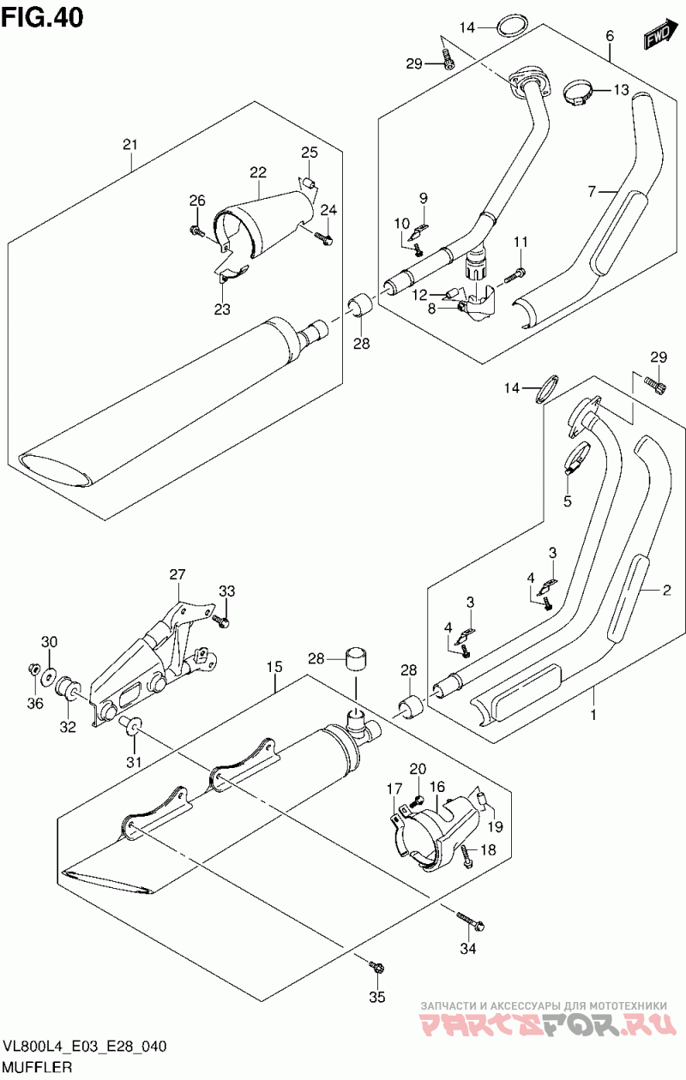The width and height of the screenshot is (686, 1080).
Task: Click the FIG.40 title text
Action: (x=43, y=17)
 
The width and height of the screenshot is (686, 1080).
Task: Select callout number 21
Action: (x=130, y=144)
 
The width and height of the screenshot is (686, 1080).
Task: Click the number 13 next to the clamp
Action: (x=622, y=90)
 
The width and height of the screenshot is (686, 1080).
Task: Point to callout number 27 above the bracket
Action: (x=178, y=574)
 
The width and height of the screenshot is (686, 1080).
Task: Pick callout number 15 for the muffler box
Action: (x=275, y=667)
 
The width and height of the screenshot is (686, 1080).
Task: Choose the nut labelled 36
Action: (x=34, y=669)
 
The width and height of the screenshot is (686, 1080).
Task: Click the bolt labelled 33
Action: (x=222, y=621)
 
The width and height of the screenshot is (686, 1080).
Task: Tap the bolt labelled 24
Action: (x=324, y=237)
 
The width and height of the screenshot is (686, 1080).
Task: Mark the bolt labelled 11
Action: (x=514, y=276)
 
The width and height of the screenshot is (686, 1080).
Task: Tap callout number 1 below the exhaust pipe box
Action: (x=593, y=715)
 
